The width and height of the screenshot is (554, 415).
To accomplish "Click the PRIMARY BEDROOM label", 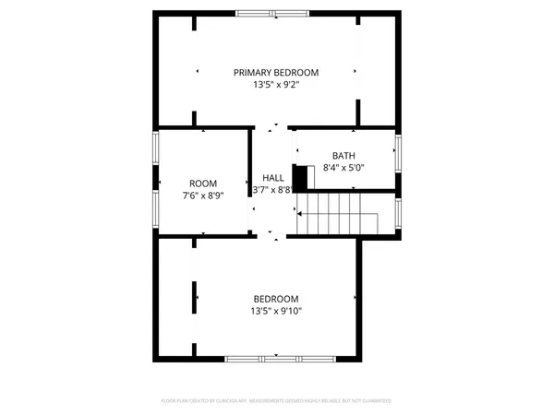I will click(x=275, y=73).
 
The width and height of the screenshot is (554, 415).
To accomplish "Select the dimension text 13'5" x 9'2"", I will click(x=275, y=85).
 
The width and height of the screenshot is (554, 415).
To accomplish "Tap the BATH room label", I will click(x=343, y=156).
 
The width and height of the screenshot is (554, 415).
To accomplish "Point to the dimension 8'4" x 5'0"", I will click(x=343, y=168).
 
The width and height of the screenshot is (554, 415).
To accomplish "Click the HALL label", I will click(x=272, y=178).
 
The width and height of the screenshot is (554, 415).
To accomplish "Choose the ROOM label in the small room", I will click(x=203, y=184).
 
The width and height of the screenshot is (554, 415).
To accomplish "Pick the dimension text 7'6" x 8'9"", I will click(x=203, y=196).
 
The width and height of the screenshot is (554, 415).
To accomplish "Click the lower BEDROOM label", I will click(x=276, y=299).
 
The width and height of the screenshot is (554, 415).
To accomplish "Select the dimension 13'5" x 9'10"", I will click(x=276, y=311).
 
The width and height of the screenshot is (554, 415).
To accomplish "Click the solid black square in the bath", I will click(x=300, y=177).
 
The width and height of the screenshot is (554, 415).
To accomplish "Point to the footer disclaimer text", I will click(x=276, y=401).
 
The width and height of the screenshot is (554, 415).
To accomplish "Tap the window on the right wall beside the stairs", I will click(x=398, y=213).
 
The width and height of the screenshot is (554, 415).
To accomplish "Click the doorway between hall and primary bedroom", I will click(x=271, y=127).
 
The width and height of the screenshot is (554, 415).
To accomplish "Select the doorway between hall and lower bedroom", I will click(x=271, y=236).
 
